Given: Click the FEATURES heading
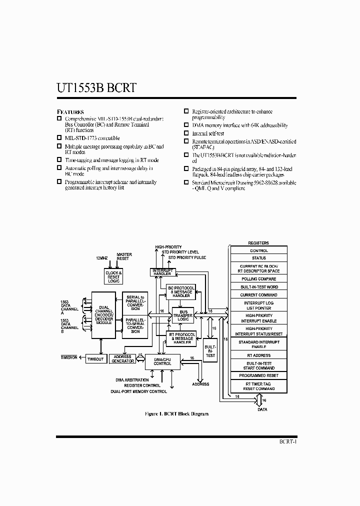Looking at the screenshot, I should pyautogui.click(x=70, y=111).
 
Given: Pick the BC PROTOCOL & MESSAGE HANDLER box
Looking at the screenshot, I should pyautogui.click(x=180, y=292).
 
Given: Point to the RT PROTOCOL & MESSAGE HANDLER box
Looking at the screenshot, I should pyautogui.click(x=180, y=338).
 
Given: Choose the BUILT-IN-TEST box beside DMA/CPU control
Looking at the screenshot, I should pyautogui.click(x=210, y=350).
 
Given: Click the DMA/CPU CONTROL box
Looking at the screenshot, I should pyautogui.click(x=162, y=361).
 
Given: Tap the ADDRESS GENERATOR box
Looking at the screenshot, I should pyautogui.click(x=122, y=359).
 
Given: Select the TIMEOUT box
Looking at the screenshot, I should pyautogui.click(x=95, y=359).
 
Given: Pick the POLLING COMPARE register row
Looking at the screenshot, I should pyautogui.click(x=258, y=279).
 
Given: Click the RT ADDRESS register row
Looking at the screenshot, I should pyautogui.click(x=258, y=355).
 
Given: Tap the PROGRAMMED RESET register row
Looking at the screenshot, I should pyautogui.click(x=258, y=375).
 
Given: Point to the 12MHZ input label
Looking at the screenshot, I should pyautogui.click(x=102, y=258).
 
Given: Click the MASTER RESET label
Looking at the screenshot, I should pyautogui.click(x=124, y=256).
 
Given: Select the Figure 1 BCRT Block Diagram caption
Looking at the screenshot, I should pyautogui.click(x=176, y=414).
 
